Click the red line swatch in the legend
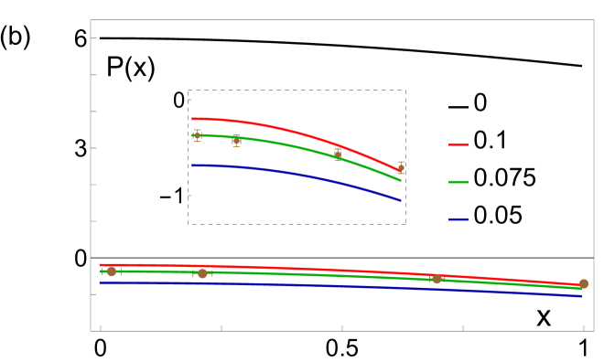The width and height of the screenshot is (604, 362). pos(458,144)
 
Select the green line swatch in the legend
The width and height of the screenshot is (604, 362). pos(458,182)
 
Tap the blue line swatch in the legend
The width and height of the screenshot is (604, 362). pos(458,219)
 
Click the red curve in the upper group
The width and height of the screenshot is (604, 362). pos(275,127)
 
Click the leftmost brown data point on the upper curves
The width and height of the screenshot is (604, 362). pos(197,135)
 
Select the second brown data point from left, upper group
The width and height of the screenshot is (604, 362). pos(236,141)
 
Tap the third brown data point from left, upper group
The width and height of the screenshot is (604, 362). pos(338,154)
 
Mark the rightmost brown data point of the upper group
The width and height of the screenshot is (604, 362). pos(401,167)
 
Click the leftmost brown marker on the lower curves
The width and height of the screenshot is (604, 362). pos(112,271)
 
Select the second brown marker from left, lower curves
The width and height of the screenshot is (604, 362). pos(202,273)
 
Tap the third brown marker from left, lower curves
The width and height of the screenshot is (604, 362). pos(437,278)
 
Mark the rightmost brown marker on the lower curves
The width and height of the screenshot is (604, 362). pos(583,283)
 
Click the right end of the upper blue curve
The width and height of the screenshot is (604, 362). pos(400,199)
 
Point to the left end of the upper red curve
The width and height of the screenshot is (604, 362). pos(193,119)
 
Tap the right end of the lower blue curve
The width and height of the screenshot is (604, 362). pos(580,295)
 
